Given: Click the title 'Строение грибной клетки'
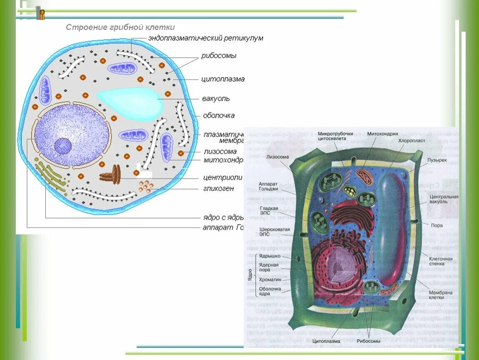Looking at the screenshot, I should click(x=120, y=27).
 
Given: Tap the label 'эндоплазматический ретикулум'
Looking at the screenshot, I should click(x=206, y=38).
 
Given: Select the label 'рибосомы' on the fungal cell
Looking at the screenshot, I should click(x=219, y=55).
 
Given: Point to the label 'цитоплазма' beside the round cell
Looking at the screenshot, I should click(x=223, y=79).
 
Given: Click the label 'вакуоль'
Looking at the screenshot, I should click(x=216, y=99).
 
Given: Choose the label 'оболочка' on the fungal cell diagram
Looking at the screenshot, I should click(x=219, y=115).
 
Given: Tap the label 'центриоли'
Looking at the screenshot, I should click(x=222, y=177).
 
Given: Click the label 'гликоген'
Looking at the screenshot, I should click(x=219, y=188).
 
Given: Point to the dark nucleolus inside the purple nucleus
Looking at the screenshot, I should click(x=63, y=146).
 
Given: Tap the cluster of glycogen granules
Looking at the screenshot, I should click(x=145, y=186).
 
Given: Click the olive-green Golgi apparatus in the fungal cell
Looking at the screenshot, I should click(x=52, y=175).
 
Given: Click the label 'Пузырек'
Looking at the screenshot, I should click(x=437, y=160).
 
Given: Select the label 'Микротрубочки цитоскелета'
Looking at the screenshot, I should click(x=335, y=136).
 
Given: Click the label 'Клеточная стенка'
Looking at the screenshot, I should click(x=440, y=261).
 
